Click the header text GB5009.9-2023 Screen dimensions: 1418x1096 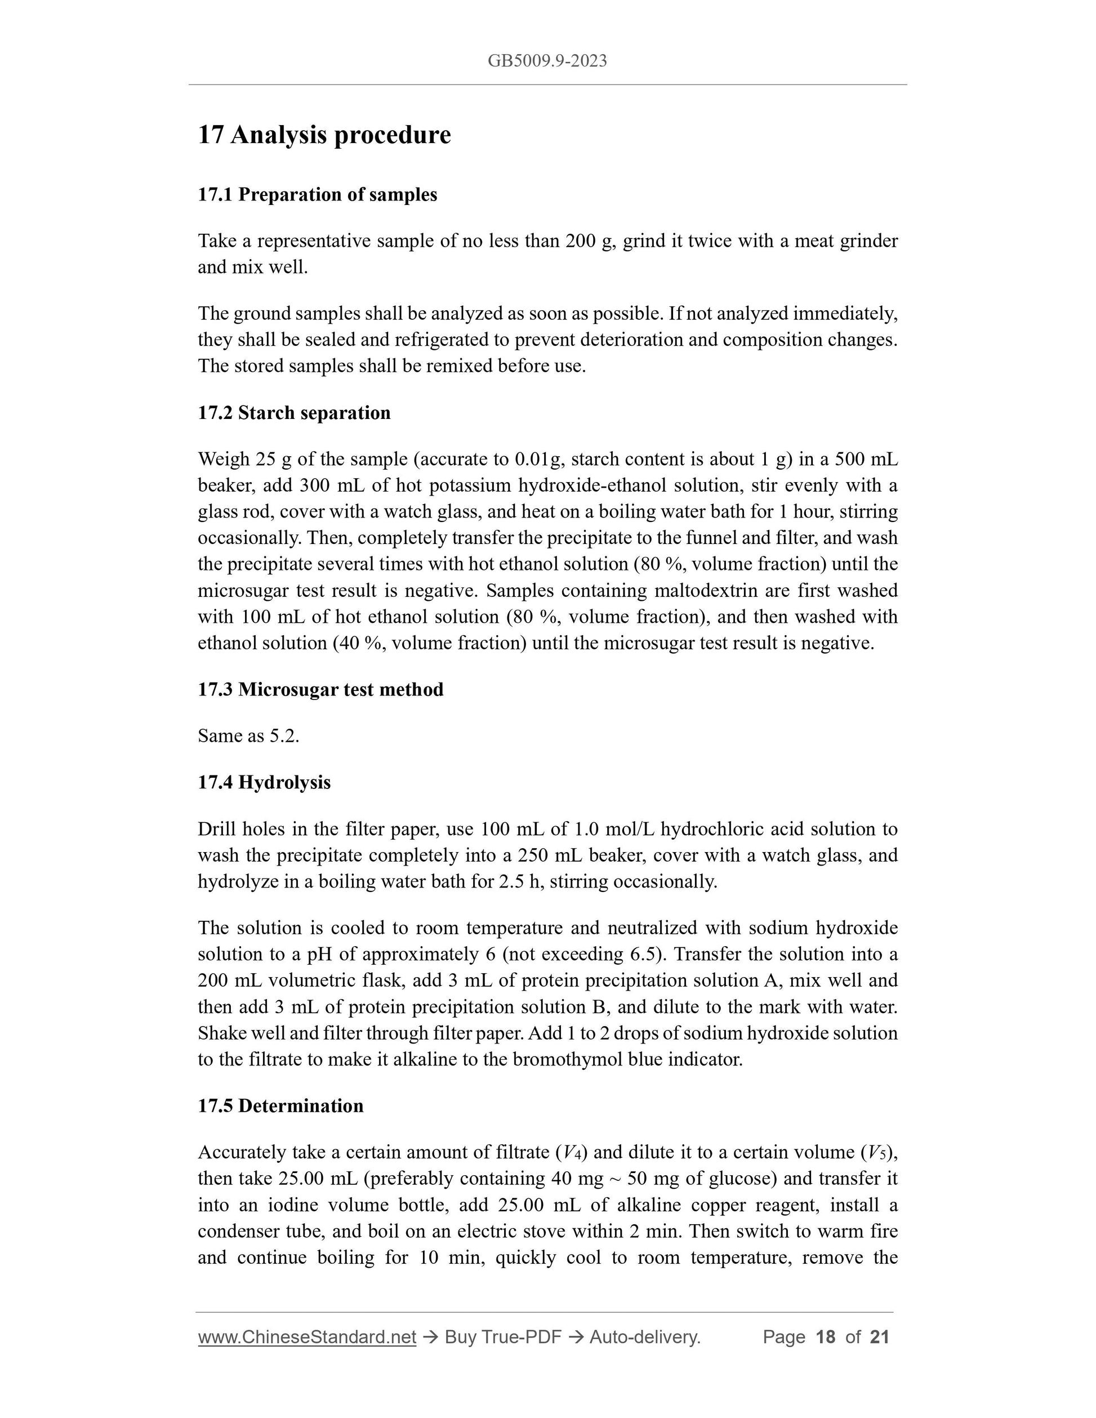click(x=547, y=61)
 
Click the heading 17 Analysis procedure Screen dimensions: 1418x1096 click(x=324, y=135)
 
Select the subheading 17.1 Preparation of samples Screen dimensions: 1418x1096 click(x=317, y=195)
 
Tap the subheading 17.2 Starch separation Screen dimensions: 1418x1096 click(x=294, y=413)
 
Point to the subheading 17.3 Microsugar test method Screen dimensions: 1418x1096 click(x=320, y=689)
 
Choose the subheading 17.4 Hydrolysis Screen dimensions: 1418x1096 click(x=264, y=782)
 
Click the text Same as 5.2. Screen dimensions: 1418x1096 click(x=248, y=736)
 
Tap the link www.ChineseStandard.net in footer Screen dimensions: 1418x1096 click(x=306, y=1337)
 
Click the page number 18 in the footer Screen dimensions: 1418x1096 click(x=825, y=1337)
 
